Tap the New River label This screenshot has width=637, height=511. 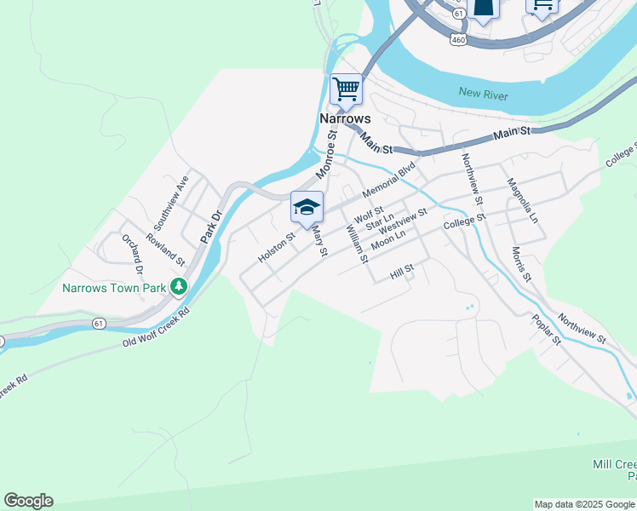pos(483,94)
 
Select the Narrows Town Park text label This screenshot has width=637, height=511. pos(113,288)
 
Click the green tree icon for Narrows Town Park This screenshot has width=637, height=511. pos(179,286)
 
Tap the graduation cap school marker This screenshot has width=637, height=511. pos(307,207)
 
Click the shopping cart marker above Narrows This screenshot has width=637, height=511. pos(346,89)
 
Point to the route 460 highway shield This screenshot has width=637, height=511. pos(458,39)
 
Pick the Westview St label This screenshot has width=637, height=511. pos(403,225)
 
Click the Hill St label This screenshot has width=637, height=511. pos(401,273)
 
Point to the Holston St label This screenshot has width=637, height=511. pos(277,250)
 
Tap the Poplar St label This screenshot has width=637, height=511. pos(547,330)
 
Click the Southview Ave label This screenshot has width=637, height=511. pos(170,203)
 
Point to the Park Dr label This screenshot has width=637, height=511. pos(210,226)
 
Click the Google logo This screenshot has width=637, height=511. pos(28,501)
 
